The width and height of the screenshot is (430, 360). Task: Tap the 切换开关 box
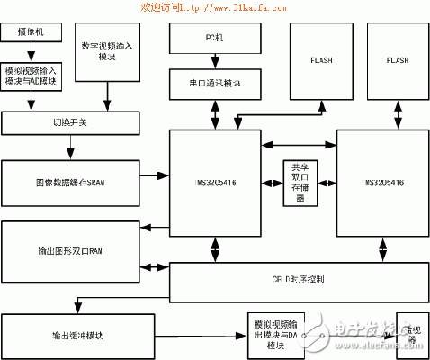click(x=71, y=122)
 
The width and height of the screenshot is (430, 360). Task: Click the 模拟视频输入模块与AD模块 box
click(x=34, y=77)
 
